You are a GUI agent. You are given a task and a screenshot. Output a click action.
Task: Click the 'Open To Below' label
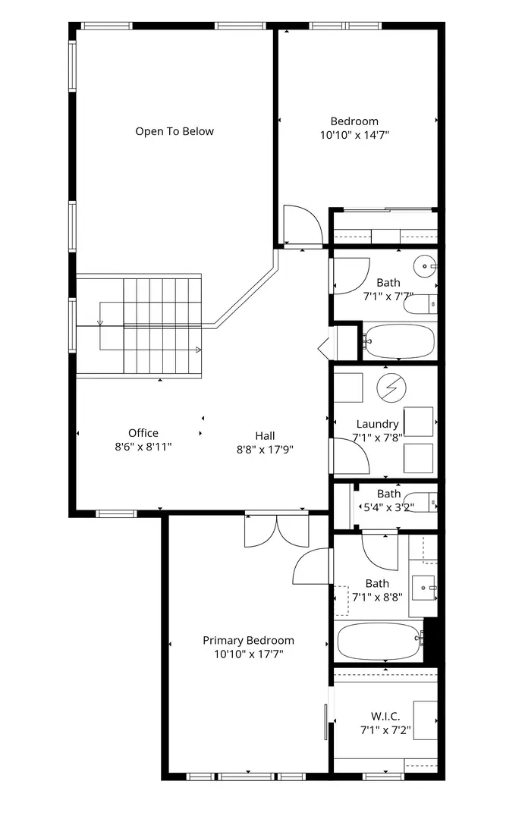[174, 131]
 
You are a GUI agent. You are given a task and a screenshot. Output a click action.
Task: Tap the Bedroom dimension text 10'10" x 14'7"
[355, 135]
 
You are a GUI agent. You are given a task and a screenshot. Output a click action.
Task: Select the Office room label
[143, 433]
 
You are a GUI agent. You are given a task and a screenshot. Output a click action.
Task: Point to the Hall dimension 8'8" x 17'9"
[265, 450]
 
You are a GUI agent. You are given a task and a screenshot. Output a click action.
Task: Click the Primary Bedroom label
[248, 640]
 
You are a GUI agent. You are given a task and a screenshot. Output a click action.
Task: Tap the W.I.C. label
[385, 716]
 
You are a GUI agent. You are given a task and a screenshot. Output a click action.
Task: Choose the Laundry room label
[377, 424]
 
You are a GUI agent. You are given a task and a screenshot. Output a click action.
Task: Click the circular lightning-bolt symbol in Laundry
[391, 388]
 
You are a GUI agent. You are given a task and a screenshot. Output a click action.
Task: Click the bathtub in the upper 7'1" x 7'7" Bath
[399, 341]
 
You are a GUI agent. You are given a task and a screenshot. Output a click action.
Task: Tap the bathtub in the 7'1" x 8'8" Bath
[380, 642]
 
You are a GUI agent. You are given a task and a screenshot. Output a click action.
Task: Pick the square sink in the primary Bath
[423, 588]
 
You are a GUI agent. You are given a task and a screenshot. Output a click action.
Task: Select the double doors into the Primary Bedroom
[277, 531]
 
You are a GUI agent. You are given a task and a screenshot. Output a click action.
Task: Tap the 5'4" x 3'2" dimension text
[388, 507]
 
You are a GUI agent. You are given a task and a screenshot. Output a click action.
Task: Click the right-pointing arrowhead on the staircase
[199, 350]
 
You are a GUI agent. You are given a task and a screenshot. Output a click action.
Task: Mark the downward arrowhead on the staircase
[100, 323]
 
